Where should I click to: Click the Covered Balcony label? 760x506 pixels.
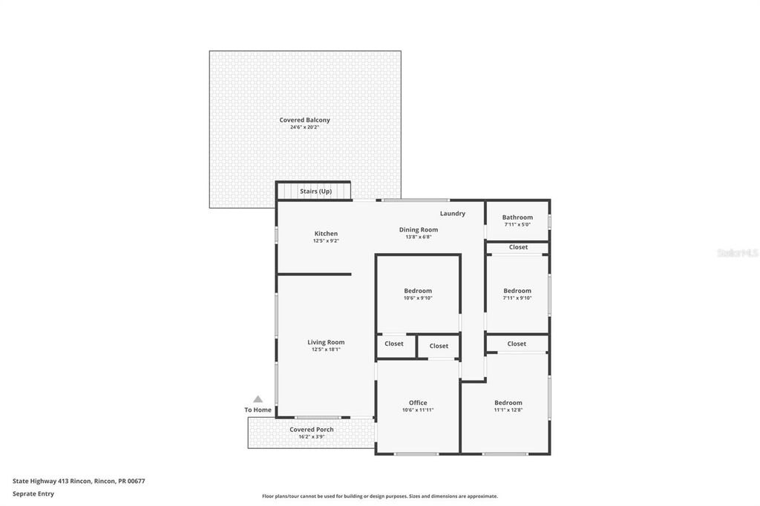304,119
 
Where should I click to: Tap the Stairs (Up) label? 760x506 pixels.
315,191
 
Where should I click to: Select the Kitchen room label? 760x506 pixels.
326,234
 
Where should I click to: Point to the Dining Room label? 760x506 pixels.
419,230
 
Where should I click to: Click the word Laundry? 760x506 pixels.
452,214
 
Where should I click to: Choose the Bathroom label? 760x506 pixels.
517,217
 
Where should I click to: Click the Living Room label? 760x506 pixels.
326,342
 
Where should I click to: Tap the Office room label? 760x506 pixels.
418,403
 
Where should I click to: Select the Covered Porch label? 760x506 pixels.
311,430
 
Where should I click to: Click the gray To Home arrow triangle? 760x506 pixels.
258,399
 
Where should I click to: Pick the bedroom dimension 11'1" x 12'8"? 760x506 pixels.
508,410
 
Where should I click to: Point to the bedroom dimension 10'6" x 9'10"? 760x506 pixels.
418,298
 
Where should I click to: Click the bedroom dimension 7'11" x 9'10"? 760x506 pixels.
517,298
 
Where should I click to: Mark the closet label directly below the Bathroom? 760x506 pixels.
518,247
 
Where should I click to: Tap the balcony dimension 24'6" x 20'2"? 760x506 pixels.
304,127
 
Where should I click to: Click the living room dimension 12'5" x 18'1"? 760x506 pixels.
326,349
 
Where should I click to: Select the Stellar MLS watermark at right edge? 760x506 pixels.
737,253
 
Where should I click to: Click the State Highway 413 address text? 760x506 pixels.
79,481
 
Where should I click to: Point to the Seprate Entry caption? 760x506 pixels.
33,493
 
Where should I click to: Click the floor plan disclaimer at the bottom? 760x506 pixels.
379,496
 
